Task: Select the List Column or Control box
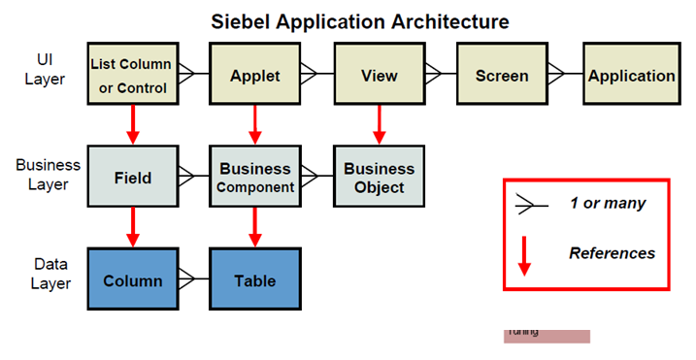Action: (x=130, y=76)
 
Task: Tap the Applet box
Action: (x=254, y=76)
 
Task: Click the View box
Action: (x=378, y=76)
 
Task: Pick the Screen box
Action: (x=502, y=76)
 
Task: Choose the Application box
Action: (x=631, y=76)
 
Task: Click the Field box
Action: (x=131, y=178)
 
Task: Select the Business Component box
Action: (x=254, y=178)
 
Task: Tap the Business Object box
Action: (x=378, y=178)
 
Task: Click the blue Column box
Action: (x=131, y=280)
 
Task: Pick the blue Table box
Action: (x=254, y=280)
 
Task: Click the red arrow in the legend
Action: (x=524, y=254)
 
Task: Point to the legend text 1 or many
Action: (x=607, y=204)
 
